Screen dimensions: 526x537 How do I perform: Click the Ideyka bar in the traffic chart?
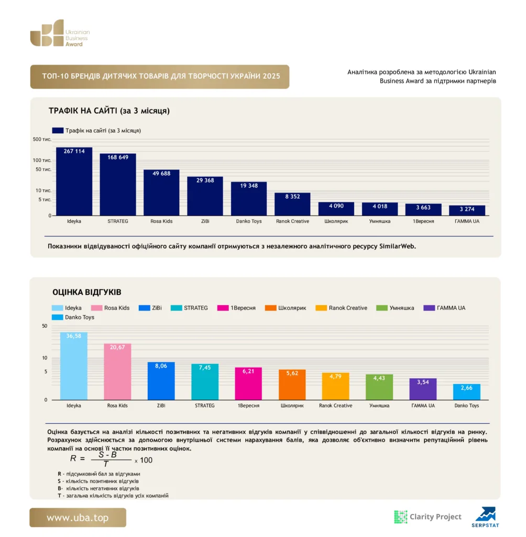pyautogui.click(x=74, y=181)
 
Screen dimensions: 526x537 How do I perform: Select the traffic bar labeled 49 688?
pyautogui.click(x=161, y=192)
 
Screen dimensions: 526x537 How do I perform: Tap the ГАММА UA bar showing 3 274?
pyautogui.click(x=467, y=210)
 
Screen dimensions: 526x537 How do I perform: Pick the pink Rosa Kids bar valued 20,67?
pyautogui.click(x=117, y=372)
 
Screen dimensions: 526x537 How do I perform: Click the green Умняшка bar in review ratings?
pyautogui.click(x=379, y=387)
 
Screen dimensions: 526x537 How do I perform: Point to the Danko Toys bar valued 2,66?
pyautogui.click(x=466, y=392)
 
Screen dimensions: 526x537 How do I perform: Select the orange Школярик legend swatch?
pyautogui.click(x=270, y=308)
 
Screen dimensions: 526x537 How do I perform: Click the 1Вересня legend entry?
pyautogui.click(x=236, y=308)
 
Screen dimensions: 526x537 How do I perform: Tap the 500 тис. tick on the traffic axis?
pyautogui.click(x=42, y=139)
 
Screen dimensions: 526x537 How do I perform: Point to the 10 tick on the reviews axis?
pyautogui.click(x=45, y=358)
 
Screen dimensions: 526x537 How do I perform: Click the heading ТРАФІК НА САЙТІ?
pyautogui.click(x=109, y=111)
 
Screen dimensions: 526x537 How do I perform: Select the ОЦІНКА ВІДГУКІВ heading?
pyautogui.click(x=86, y=292)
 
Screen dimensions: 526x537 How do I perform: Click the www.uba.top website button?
pyautogui.click(x=78, y=518)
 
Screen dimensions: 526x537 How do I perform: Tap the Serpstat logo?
pyautogui.click(x=485, y=517)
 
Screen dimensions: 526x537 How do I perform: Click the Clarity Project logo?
pyautogui.click(x=428, y=517)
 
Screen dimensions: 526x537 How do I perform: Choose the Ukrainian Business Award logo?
pyautogui.click(x=60, y=33)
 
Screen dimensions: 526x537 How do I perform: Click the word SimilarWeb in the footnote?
pyautogui.click(x=397, y=246)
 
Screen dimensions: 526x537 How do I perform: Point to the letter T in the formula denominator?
pyautogui.click(x=106, y=464)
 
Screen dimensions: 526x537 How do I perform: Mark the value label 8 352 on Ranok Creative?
pyautogui.click(x=292, y=197)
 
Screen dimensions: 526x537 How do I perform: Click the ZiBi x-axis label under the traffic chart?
pyautogui.click(x=205, y=221)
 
